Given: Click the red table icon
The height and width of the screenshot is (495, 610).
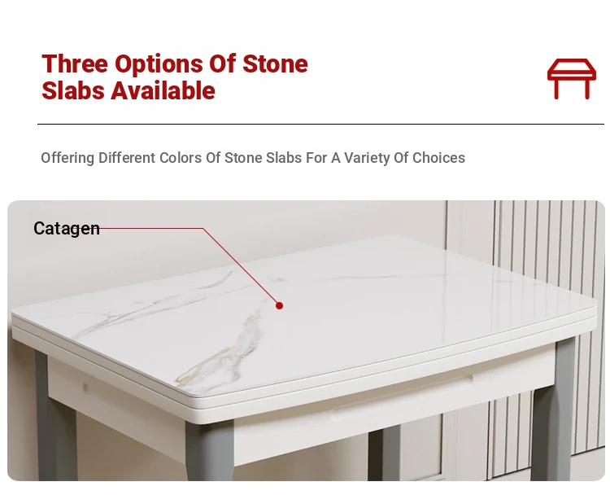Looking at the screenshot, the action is (x=572, y=78).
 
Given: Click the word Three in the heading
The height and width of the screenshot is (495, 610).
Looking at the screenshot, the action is (x=74, y=64).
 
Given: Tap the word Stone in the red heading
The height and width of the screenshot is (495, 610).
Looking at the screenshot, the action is (x=275, y=64).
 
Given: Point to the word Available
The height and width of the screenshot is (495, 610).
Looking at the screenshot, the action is (x=163, y=90).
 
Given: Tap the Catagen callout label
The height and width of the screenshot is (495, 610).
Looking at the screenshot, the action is (x=67, y=229).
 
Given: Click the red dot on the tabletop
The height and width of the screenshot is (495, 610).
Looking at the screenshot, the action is (x=279, y=306).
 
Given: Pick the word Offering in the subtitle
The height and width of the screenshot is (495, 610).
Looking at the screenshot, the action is (x=68, y=158).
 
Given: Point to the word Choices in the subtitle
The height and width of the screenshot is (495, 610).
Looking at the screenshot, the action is (x=438, y=158).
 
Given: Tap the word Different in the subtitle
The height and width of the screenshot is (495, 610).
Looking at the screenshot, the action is (x=127, y=158).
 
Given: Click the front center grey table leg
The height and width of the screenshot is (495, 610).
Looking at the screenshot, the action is (x=209, y=451).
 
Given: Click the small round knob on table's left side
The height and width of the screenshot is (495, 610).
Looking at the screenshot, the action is (x=85, y=387).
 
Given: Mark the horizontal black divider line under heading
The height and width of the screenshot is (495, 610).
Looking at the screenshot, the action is (x=320, y=125).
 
